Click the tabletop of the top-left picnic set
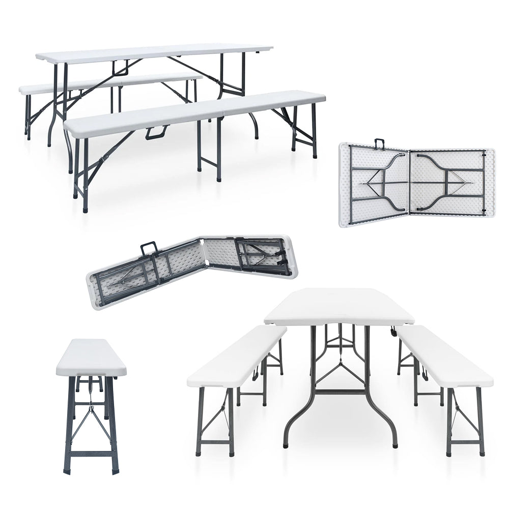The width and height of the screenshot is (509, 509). pos(153,52)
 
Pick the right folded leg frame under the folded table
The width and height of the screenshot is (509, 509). pos(448,183)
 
